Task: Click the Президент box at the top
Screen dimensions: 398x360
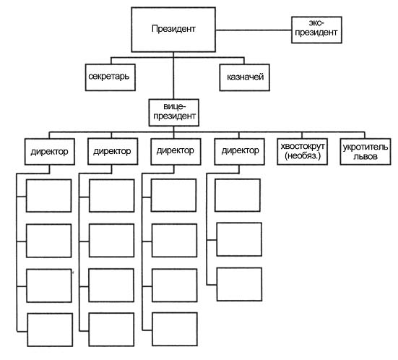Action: click(x=173, y=30)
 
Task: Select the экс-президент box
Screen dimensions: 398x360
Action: click(x=316, y=30)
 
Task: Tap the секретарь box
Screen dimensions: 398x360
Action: click(x=111, y=77)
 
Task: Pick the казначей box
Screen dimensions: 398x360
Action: click(x=244, y=77)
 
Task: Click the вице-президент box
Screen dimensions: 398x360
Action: click(x=174, y=113)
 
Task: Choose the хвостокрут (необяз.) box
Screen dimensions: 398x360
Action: click(x=303, y=152)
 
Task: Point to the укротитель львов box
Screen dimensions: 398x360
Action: click(x=365, y=152)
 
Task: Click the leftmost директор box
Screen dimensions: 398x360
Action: click(x=50, y=152)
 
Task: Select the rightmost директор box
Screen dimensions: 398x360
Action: click(x=239, y=152)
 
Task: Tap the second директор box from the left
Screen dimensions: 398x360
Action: click(x=113, y=151)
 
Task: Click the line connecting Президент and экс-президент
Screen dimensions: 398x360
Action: click(x=254, y=30)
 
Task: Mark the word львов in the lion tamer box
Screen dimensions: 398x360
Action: click(x=365, y=156)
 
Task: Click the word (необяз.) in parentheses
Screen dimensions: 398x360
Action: click(x=303, y=155)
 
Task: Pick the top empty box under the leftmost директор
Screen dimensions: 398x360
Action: click(x=48, y=196)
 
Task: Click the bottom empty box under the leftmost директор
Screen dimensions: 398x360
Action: click(x=50, y=330)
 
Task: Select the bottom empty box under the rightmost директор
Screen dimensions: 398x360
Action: click(x=239, y=284)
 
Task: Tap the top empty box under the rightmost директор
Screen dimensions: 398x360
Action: click(x=238, y=195)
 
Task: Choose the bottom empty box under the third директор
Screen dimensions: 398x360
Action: click(x=175, y=329)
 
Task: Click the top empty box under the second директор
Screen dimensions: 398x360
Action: click(x=112, y=196)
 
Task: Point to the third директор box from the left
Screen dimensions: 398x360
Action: click(x=176, y=152)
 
